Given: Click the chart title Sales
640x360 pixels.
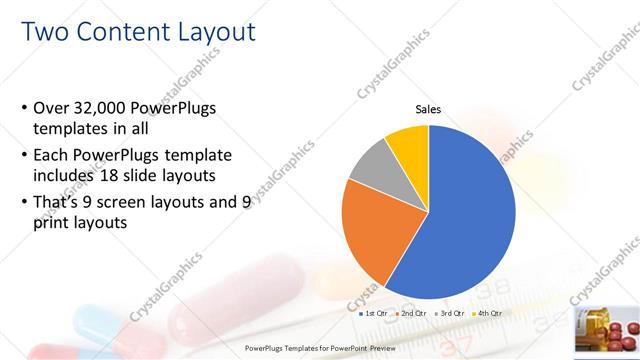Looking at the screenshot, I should click(428, 110).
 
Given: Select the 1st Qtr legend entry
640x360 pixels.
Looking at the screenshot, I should click(376, 314).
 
